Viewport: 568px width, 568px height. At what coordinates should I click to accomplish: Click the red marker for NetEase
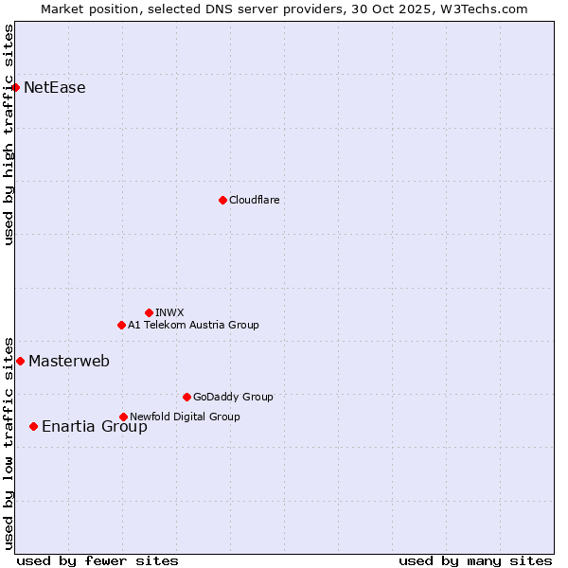(x=15, y=88)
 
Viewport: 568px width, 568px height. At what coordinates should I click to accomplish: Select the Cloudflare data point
(x=222, y=200)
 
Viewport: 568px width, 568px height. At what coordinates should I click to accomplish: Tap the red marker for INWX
(x=149, y=312)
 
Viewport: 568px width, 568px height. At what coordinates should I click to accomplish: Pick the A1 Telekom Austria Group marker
(x=121, y=325)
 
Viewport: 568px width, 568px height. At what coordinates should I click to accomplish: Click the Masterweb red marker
(x=20, y=361)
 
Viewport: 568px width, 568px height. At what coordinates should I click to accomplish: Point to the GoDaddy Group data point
(x=186, y=397)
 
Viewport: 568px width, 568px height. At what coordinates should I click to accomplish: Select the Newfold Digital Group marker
(x=123, y=417)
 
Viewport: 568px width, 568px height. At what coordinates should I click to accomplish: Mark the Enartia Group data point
(x=33, y=426)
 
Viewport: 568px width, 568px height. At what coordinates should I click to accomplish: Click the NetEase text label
(x=55, y=88)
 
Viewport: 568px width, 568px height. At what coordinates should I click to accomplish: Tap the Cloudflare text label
(x=255, y=200)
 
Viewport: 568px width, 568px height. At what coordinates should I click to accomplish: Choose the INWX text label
(x=170, y=312)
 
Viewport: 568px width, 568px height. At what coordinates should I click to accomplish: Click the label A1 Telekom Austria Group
(x=193, y=325)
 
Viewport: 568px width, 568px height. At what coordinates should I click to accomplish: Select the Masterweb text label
(x=69, y=361)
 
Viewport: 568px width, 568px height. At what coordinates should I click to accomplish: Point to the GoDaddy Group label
(x=233, y=397)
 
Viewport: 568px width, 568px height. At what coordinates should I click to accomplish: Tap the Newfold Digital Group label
(x=185, y=417)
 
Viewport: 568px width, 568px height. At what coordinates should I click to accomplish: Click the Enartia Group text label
(x=95, y=426)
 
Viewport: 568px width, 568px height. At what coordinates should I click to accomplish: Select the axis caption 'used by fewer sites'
(x=98, y=560)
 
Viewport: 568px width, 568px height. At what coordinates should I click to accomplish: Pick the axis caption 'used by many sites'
(x=475, y=560)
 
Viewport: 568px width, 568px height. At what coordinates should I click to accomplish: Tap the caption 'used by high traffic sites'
(x=9, y=134)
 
